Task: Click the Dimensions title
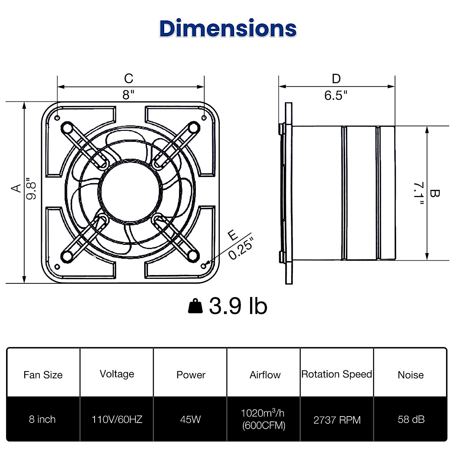[x=228, y=29]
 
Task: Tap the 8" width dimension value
[x=129, y=95]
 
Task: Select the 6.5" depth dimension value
[x=336, y=95]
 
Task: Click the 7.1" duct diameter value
[x=418, y=193]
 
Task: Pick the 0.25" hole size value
[x=241, y=248]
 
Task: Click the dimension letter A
[x=16, y=188]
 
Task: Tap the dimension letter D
[x=336, y=79]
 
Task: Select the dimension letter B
[x=435, y=193]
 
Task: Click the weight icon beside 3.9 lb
[x=196, y=306]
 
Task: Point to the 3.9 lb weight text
[x=238, y=306]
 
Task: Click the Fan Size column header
[x=43, y=375]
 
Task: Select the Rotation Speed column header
[x=337, y=374]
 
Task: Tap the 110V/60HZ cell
[x=117, y=420]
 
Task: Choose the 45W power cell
[x=190, y=420]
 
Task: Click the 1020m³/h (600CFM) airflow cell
[x=264, y=419]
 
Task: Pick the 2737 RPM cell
[x=337, y=420]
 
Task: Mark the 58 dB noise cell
[x=411, y=420]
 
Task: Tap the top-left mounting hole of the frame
[x=57, y=118]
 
